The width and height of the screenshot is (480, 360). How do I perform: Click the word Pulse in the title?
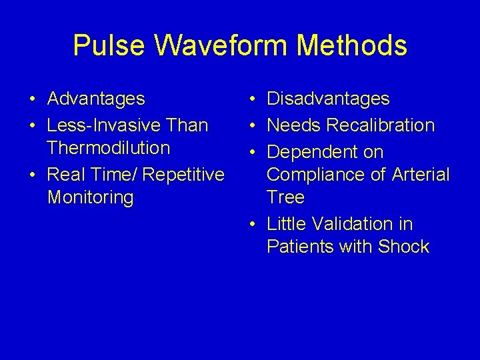click(109, 46)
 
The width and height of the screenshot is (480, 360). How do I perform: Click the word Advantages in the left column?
click(96, 99)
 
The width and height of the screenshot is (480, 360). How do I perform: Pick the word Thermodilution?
click(109, 147)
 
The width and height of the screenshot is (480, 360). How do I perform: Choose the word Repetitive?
click(184, 175)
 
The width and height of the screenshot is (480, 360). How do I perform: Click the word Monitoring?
click(91, 197)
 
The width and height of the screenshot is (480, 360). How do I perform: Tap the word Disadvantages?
click(328, 99)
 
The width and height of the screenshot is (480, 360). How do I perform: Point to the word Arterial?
click(421, 175)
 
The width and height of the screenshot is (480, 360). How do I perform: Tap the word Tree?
click(285, 197)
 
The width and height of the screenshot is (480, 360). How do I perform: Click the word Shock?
click(403, 247)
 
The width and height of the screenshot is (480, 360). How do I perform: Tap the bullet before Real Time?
click(32, 175)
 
